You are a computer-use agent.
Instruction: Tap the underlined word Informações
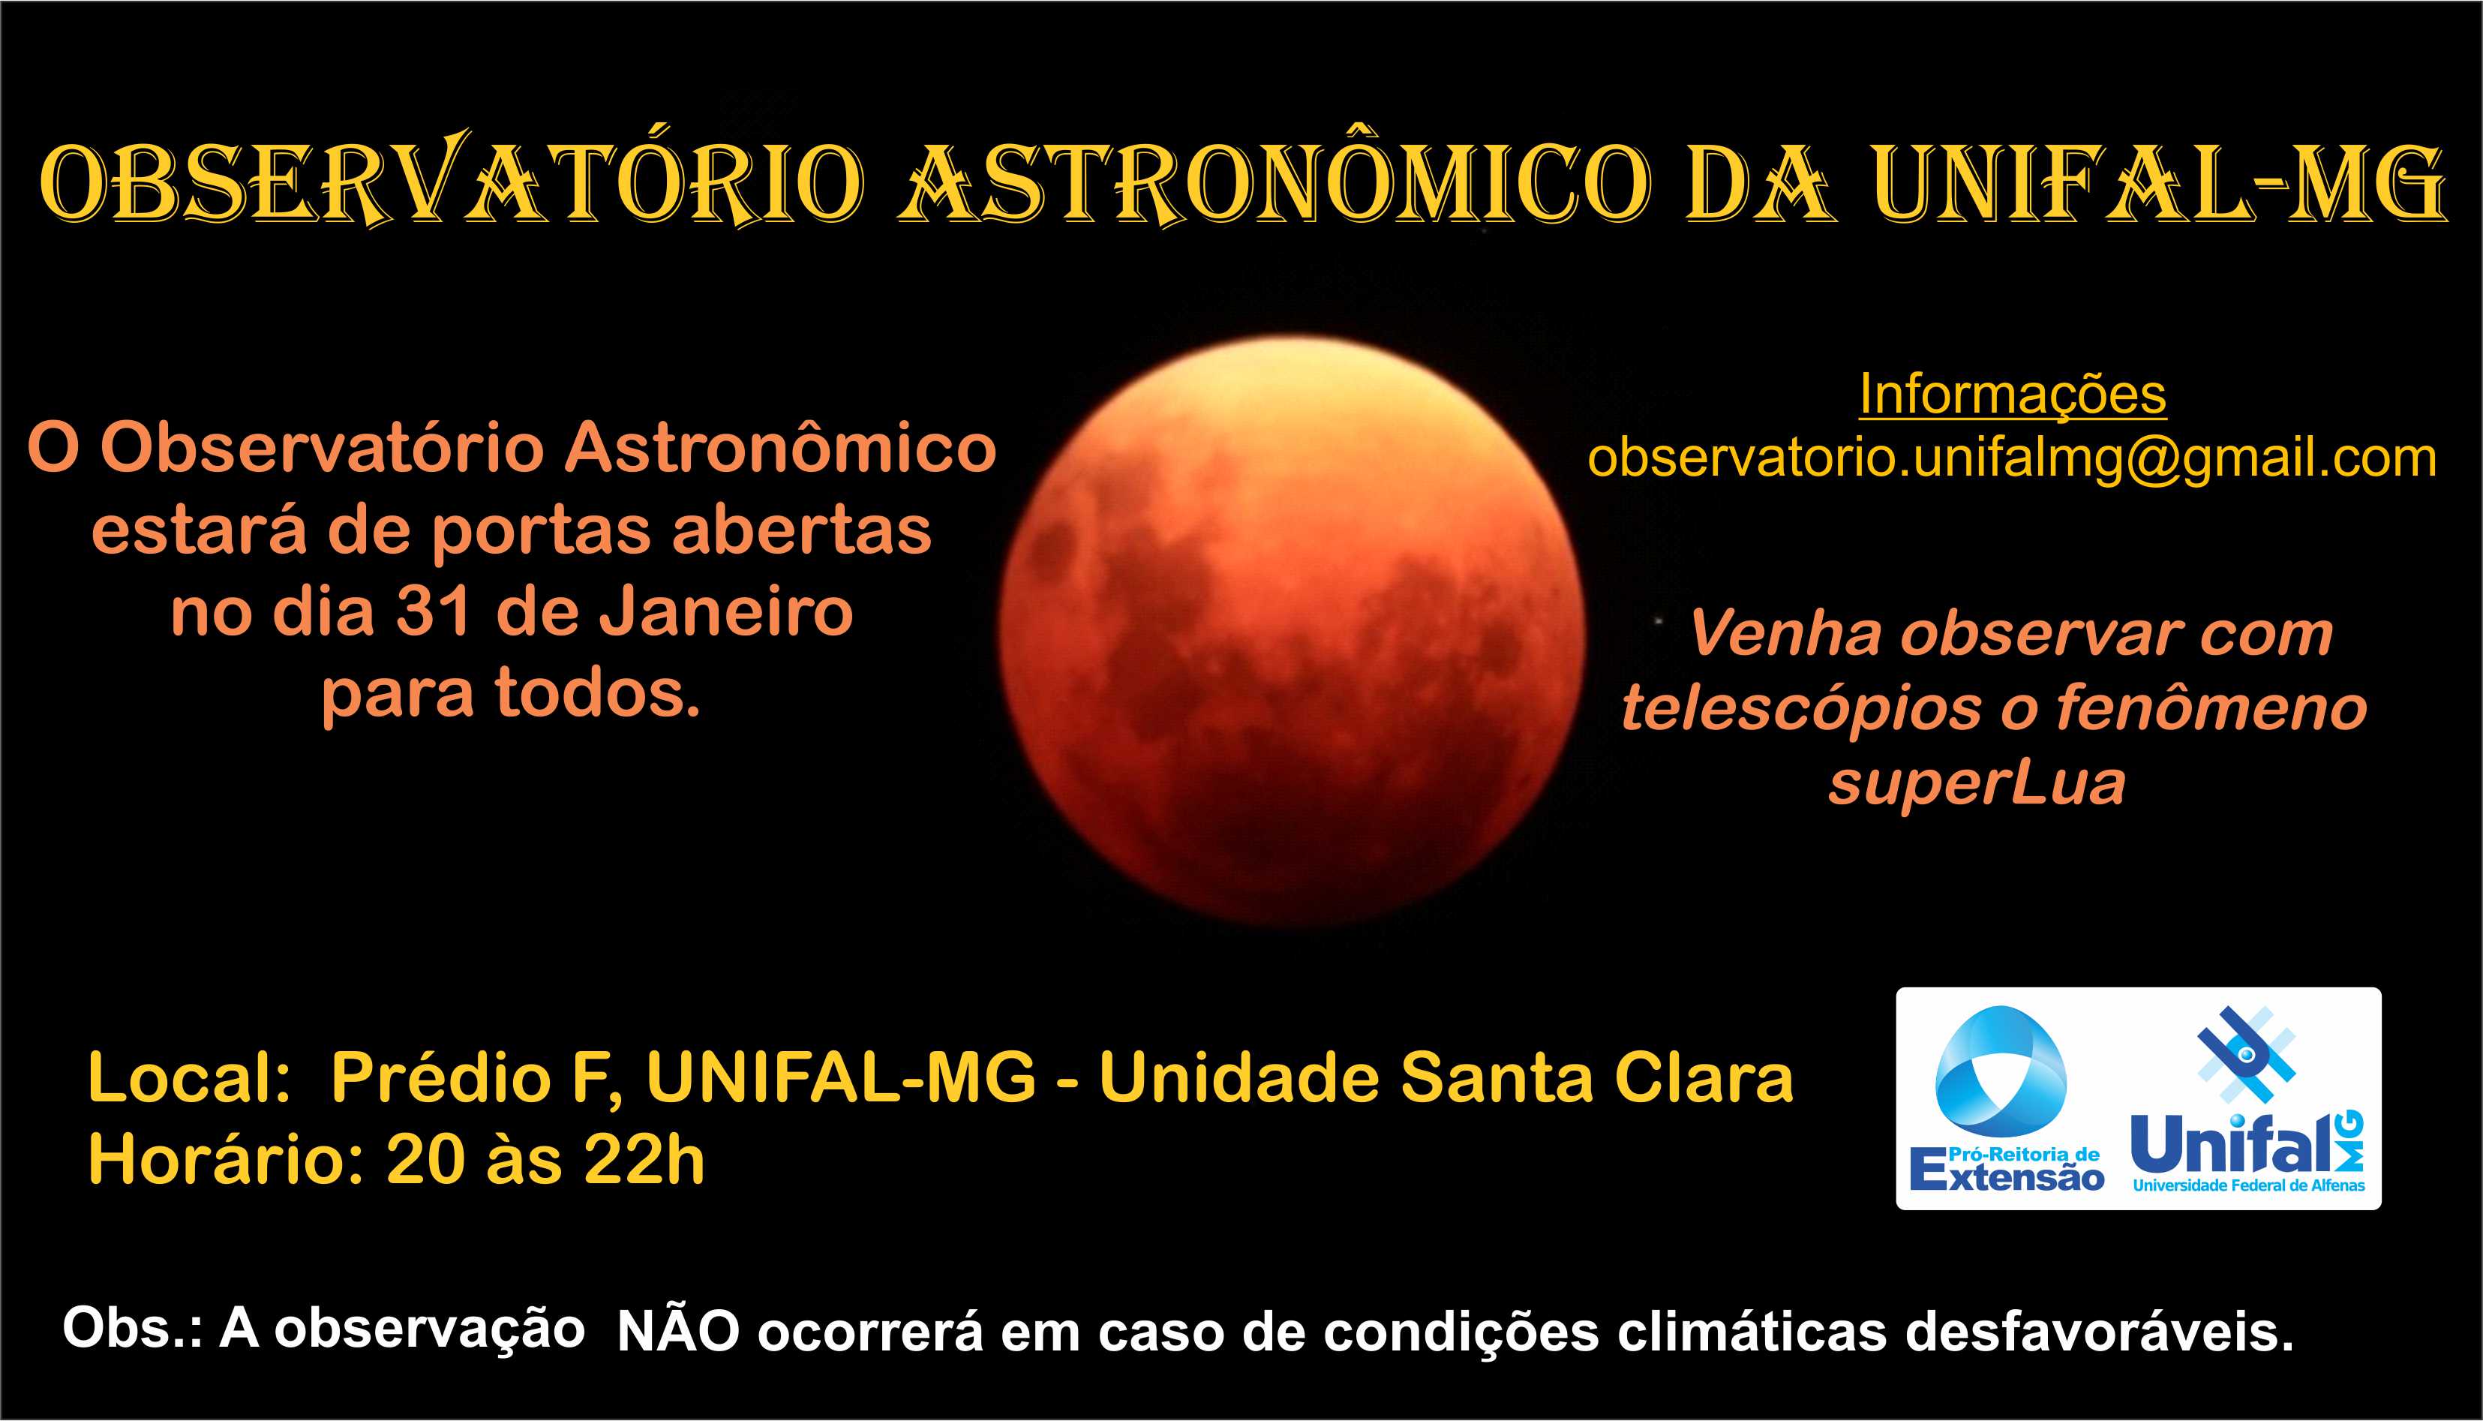point(2013,395)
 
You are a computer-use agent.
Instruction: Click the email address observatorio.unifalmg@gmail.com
point(2012,458)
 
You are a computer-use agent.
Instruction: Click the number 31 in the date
point(435,612)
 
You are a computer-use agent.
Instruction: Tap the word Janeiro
point(726,612)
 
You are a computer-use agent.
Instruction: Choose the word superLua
point(1977,784)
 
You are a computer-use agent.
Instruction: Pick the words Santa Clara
point(1597,1078)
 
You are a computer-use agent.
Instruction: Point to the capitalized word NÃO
point(679,1331)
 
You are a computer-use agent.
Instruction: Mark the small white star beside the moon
point(1659,619)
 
